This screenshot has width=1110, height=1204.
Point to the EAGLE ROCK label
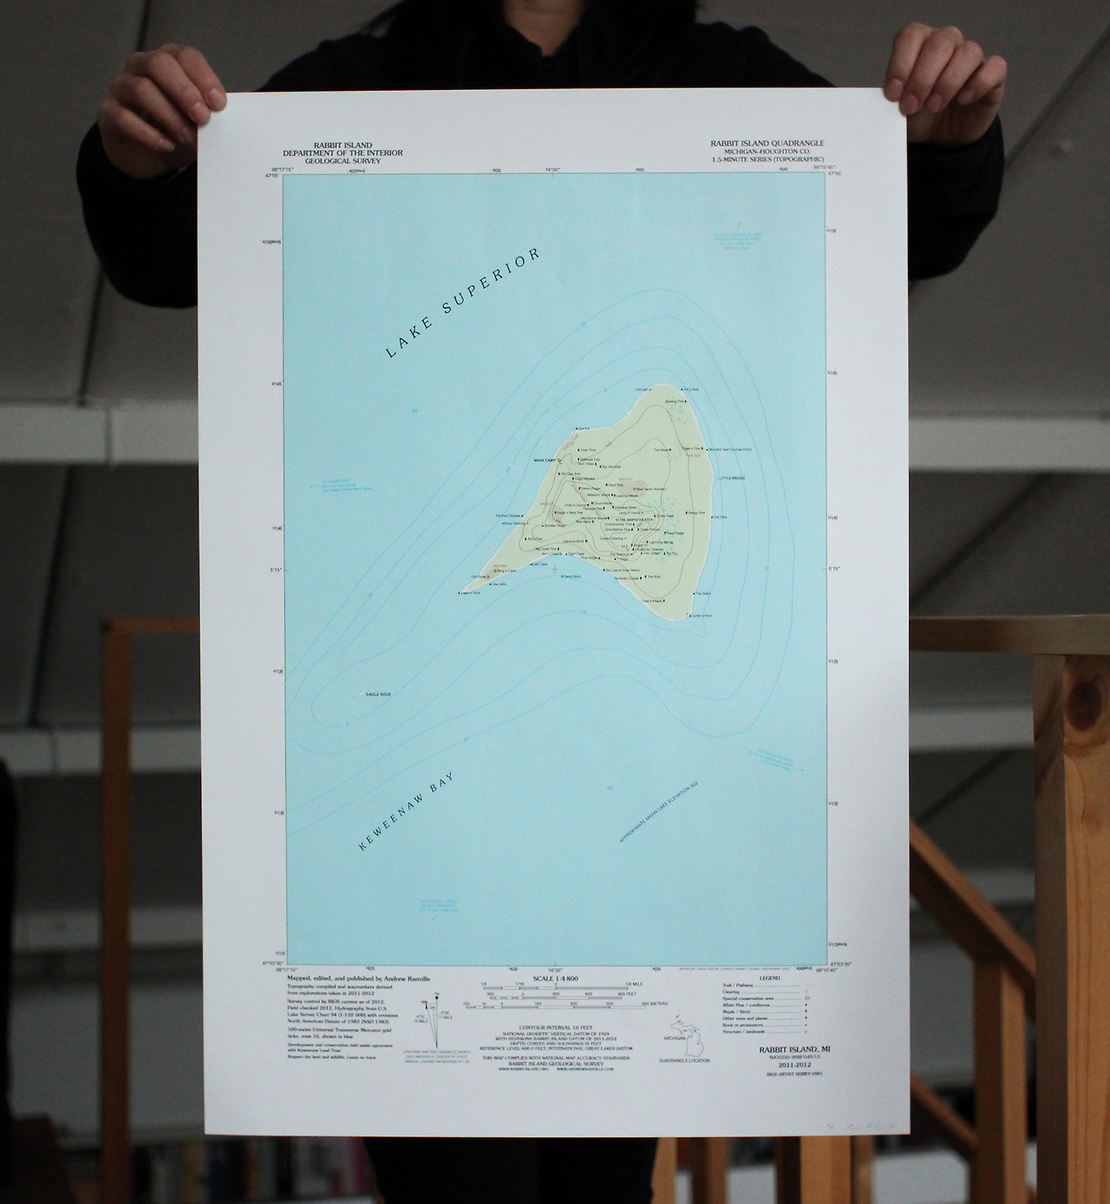pyautogui.click(x=379, y=694)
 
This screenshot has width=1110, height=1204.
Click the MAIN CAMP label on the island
pyautogui.click(x=543, y=459)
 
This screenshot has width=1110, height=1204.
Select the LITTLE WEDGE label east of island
pyautogui.click(x=732, y=478)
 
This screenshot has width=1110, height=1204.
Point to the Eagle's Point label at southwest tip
pyautogui.click(x=469, y=593)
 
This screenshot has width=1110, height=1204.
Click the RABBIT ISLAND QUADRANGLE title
pyautogui.click(x=767, y=143)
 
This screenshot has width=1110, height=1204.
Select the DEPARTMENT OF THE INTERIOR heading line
pyautogui.click(x=337, y=153)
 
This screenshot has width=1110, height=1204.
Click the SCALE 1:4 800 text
pyautogui.click(x=554, y=979)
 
